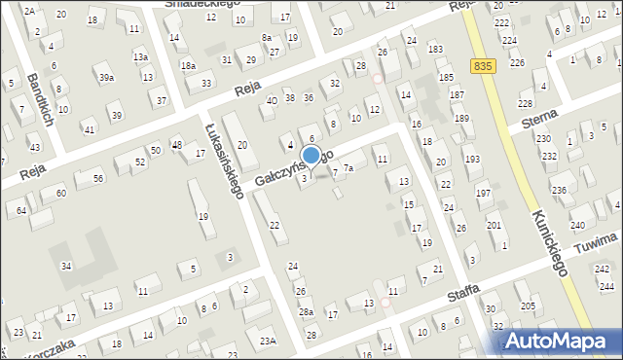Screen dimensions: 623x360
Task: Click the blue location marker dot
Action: click(x=311, y=155)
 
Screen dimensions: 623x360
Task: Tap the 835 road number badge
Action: click(x=481, y=65)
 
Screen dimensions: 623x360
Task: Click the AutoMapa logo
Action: click(x=561, y=341)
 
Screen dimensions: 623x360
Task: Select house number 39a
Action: click(x=105, y=77)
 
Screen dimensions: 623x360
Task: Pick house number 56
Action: click(x=97, y=178)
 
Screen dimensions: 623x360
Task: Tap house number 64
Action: click(x=21, y=210)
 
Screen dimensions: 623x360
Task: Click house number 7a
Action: click(x=347, y=169)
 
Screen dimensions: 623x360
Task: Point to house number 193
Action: click(x=471, y=159)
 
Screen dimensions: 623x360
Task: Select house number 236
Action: click(x=558, y=190)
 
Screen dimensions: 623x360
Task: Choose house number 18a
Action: click(x=188, y=65)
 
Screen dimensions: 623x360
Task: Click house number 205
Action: click(x=528, y=306)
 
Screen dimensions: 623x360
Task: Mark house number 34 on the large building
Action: click(x=66, y=266)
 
